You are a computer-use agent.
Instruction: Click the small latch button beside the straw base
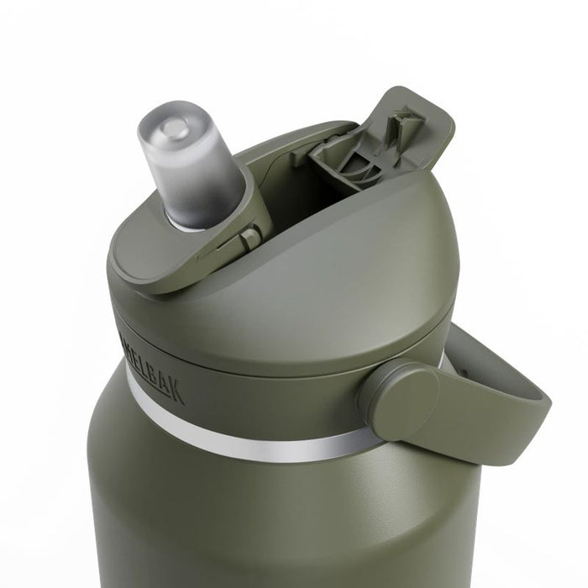249,239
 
